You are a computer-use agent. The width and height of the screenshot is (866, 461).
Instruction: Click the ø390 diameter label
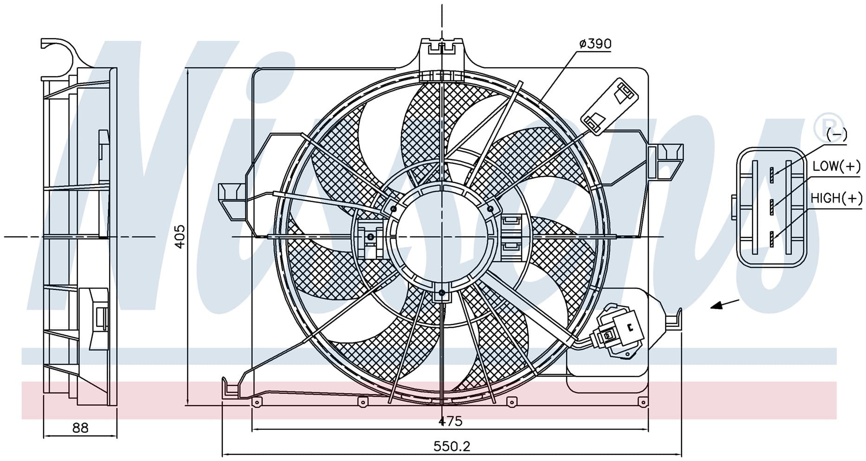point(595,44)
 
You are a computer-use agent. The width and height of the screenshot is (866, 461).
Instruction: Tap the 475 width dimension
point(450,421)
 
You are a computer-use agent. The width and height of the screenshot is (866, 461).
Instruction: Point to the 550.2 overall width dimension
point(452,446)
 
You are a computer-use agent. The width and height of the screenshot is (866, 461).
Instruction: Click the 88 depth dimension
point(80,427)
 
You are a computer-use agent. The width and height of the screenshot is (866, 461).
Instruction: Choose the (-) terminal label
point(837,135)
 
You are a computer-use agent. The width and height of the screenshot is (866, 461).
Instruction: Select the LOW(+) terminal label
point(836,166)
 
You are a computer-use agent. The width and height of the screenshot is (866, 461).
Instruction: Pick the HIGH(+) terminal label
point(836,198)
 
